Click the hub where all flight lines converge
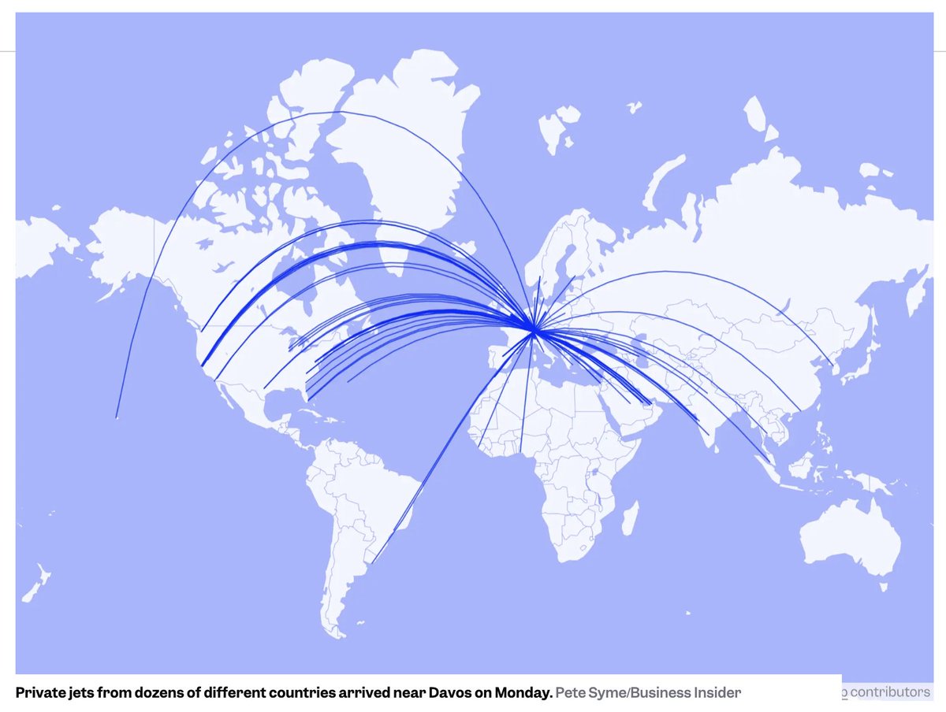pyautogui.click(x=534, y=332)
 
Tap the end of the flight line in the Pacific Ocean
pyautogui.click(x=116, y=417)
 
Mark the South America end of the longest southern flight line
pyautogui.click(x=373, y=560)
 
